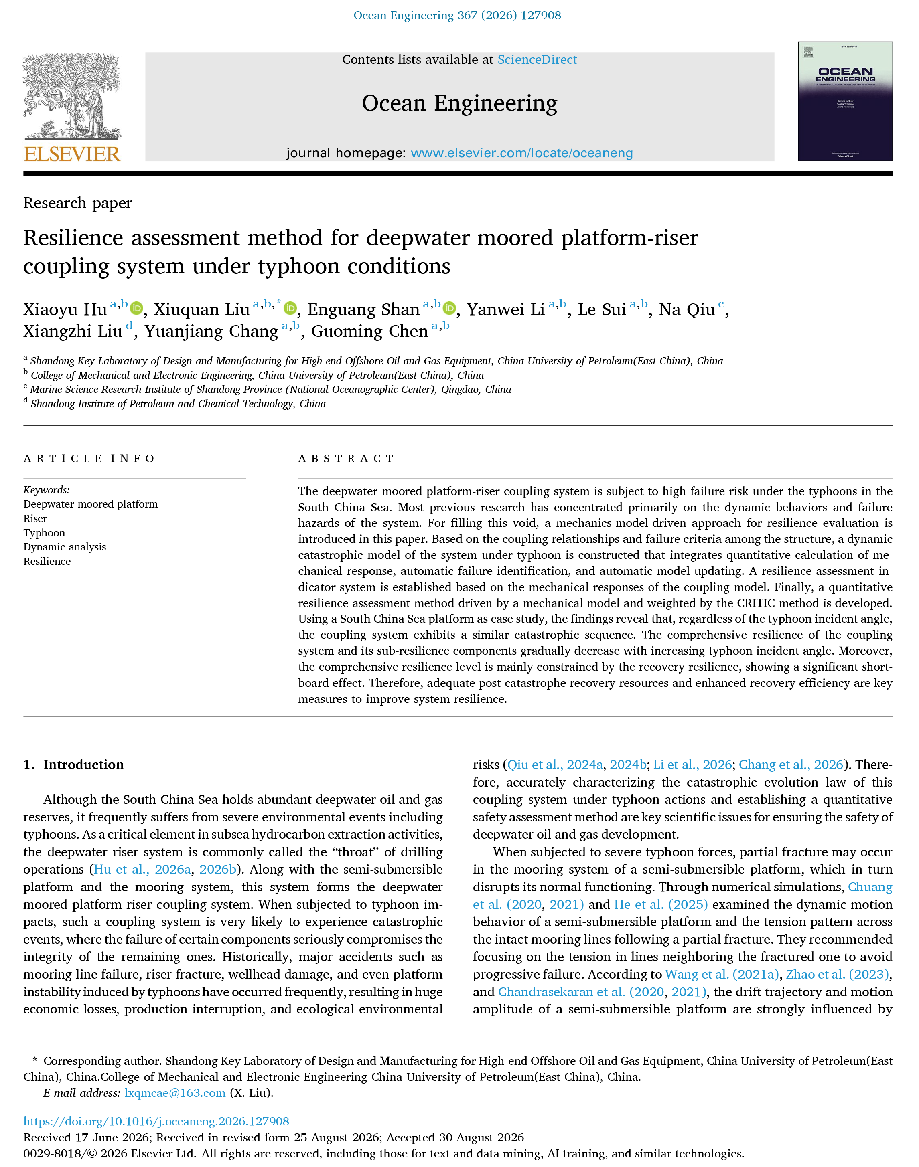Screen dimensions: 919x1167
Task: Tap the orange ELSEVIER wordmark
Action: [72, 154]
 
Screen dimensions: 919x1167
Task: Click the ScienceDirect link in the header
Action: [537, 60]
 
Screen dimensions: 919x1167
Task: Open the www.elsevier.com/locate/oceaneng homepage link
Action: [521, 153]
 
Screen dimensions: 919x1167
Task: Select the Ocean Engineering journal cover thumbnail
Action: [845, 101]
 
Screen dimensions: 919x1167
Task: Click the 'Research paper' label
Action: [77, 203]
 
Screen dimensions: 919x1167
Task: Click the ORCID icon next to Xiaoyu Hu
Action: [137, 308]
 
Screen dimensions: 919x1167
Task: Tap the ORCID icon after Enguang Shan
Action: [449, 308]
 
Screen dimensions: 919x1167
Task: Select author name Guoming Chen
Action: [369, 331]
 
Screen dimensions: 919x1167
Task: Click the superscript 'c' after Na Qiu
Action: [721, 304]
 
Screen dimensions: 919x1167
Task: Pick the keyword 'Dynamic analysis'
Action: [65, 547]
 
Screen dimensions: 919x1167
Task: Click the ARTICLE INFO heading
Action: [89, 459]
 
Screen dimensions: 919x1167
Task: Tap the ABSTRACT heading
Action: [347, 459]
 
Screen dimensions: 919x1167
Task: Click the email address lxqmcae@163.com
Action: [175, 1093]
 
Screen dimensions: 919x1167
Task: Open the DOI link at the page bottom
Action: [156, 1121]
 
